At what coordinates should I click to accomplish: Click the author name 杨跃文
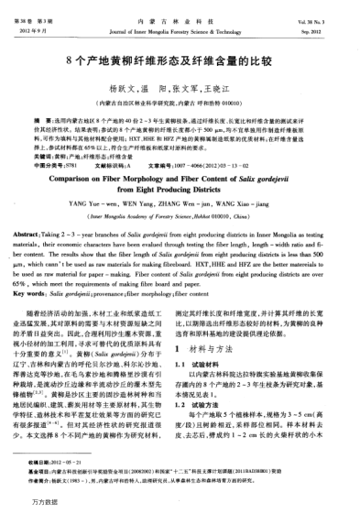tap(134, 90)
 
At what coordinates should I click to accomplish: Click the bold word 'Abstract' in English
tap(41, 236)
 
